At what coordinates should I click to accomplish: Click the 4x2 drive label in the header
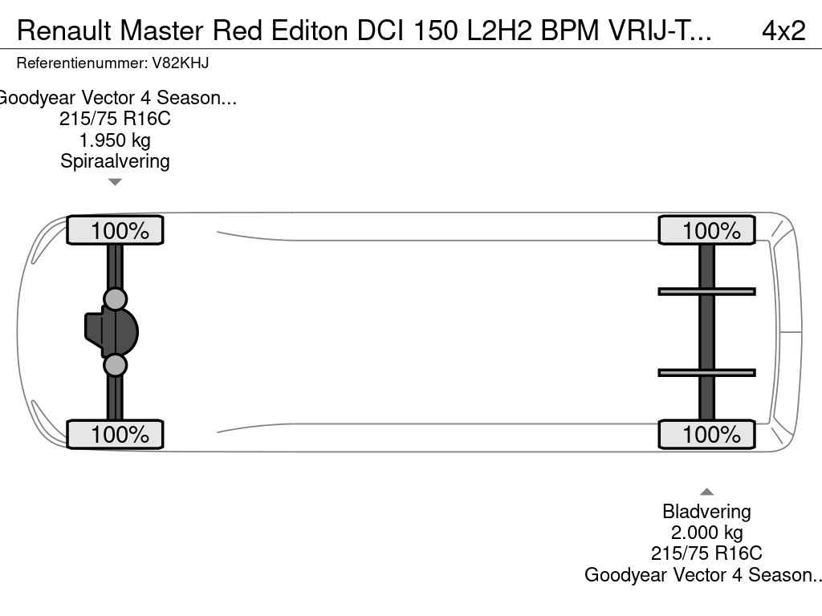tap(783, 31)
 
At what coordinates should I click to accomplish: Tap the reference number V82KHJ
tap(181, 63)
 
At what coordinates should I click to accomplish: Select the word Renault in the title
tap(64, 31)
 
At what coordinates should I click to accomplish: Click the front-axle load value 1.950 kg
tap(115, 140)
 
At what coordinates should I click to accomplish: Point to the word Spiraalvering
tap(115, 161)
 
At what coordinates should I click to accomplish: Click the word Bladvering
tap(706, 511)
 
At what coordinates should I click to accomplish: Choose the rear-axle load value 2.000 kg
tap(706, 533)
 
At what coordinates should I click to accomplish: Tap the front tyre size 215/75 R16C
tap(115, 119)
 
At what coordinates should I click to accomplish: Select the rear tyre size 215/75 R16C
tap(706, 553)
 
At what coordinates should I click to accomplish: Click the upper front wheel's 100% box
tap(115, 230)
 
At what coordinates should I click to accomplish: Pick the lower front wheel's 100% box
tap(115, 434)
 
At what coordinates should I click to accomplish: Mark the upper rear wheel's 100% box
tap(706, 230)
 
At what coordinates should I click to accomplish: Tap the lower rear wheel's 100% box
tap(706, 434)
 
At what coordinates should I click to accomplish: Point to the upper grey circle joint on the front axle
tap(115, 299)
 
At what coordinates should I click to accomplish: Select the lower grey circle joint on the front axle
tap(115, 365)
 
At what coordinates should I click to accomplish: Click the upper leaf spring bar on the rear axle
tap(706, 292)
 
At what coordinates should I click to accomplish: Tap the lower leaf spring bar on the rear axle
tap(706, 373)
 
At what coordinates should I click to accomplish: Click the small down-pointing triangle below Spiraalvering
tap(115, 182)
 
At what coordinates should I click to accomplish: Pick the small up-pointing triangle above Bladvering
tap(706, 492)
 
